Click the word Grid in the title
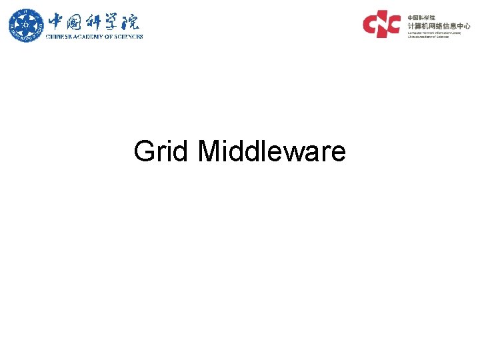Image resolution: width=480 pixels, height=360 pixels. (x=162, y=151)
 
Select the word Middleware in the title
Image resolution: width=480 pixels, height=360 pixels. (x=272, y=151)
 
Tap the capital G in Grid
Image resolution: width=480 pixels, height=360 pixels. (x=144, y=151)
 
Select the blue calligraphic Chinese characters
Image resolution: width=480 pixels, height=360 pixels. (x=93, y=21)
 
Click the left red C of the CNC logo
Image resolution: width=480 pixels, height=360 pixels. (x=371, y=23)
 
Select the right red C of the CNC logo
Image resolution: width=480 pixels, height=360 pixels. (x=393, y=23)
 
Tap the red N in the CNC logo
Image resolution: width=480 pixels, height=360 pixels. (x=383, y=23)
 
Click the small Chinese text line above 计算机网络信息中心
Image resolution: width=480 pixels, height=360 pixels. (x=421, y=17)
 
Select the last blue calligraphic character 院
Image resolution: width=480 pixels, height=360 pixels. (x=131, y=21)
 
